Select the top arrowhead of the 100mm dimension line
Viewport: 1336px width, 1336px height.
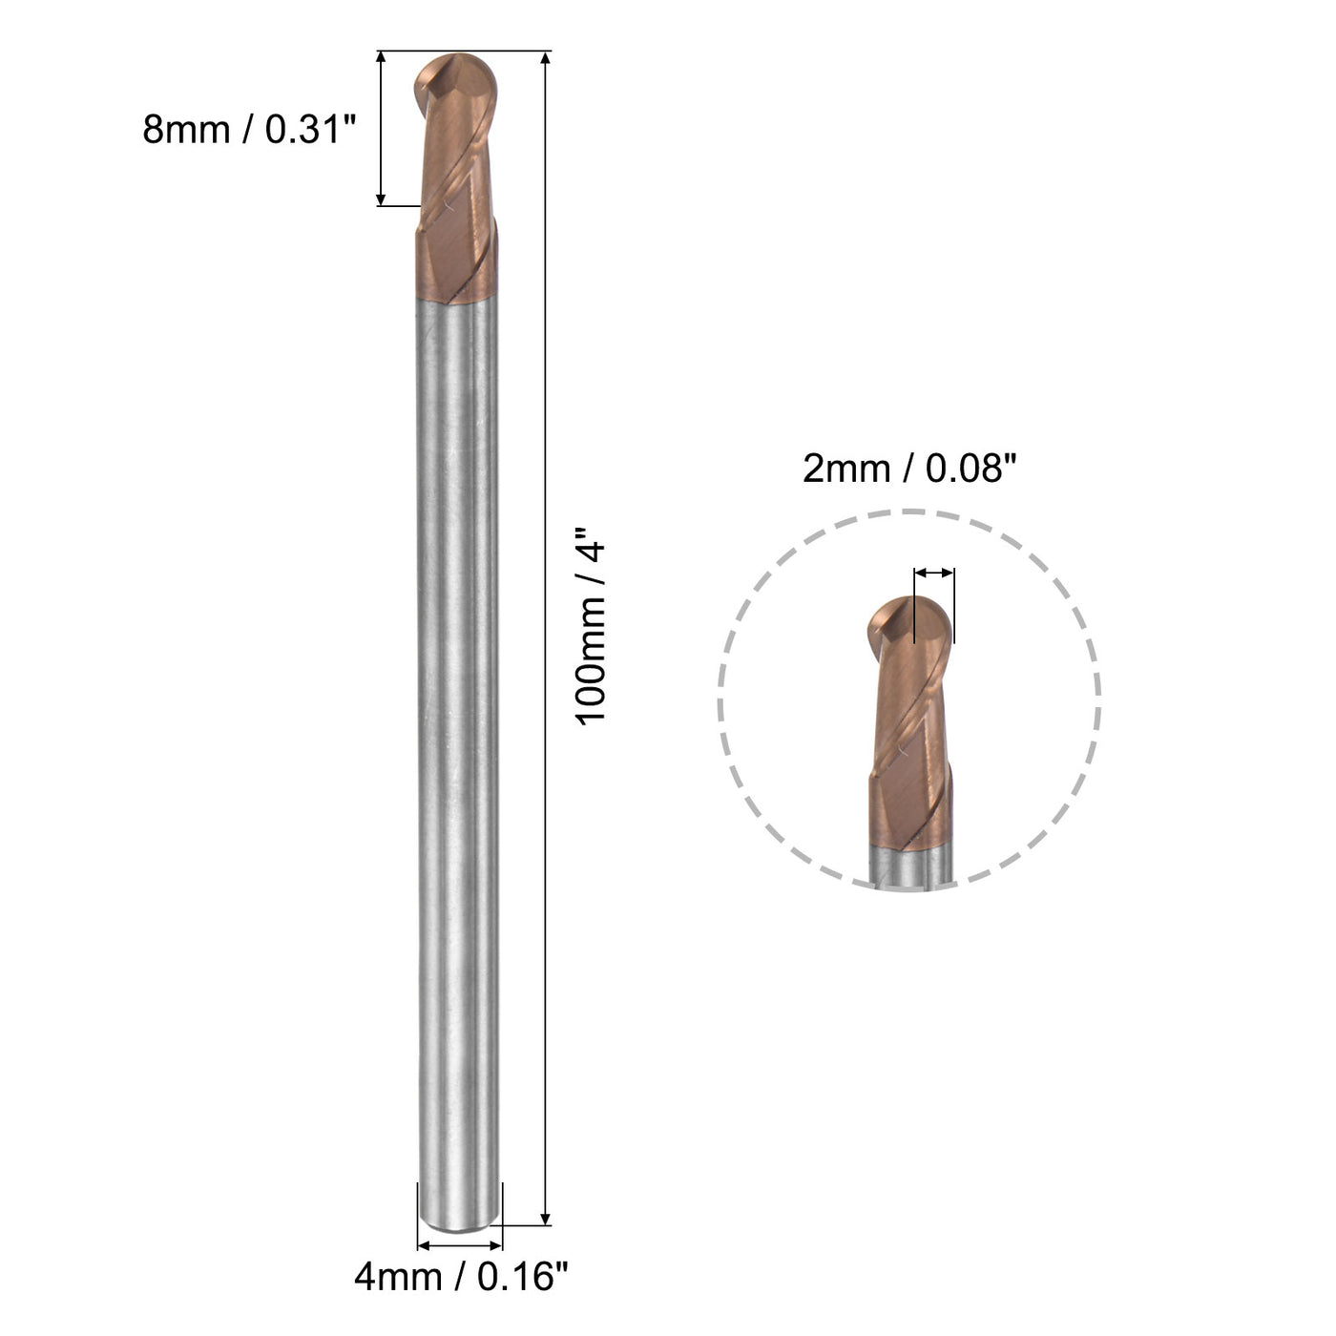pyautogui.click(x=545, y=59)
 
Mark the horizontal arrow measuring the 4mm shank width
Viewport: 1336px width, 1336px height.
pyautogui.click(x=460, y=1244)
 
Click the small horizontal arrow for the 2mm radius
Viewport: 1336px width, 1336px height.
pyautogui.click(x=933, y=573)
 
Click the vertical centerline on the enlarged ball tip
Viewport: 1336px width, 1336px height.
pyautogui.click(x=914, y=611)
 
